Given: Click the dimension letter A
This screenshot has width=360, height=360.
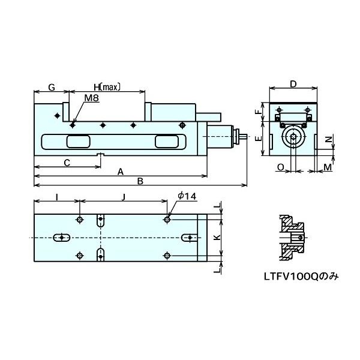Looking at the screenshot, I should click(x=120, y=172).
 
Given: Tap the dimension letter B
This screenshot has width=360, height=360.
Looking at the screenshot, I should click(x=140, y=180).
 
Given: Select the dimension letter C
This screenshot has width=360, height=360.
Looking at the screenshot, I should click(x=67, y=162).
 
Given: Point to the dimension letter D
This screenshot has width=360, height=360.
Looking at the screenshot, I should click(x=293, y=84).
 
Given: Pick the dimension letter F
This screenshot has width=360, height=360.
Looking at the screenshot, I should click(x=257, y=112).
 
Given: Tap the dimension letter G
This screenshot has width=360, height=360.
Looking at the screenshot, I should click(x=52, y=88).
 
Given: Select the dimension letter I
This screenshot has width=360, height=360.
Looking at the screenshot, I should click(x=56, y=196).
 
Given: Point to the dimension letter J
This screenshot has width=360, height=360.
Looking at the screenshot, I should click(x=123, y=196).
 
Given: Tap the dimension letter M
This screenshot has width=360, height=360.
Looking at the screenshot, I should click(x=326, y=166).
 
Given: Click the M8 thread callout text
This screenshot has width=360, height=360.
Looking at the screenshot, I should click(x=92, y=98).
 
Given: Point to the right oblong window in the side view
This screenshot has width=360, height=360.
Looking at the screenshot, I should click(x=167, y=142).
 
